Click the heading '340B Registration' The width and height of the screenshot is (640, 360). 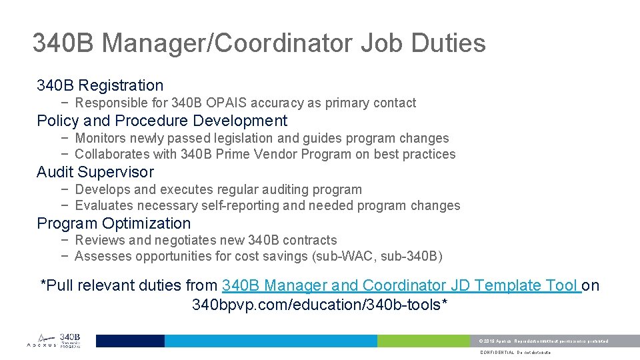tap(100, 85)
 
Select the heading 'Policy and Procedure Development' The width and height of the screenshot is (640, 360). tap(162, 121)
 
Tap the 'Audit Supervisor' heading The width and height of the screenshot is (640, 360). tap(95, 172)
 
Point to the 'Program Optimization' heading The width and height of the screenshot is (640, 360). tap(114, 223)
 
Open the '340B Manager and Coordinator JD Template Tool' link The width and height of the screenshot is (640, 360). tap(401, 285)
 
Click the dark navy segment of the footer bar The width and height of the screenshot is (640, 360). tap(130, 341)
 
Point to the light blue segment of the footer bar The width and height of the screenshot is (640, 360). tap(270, 341)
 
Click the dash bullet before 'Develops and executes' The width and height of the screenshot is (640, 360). tap(65, 189)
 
